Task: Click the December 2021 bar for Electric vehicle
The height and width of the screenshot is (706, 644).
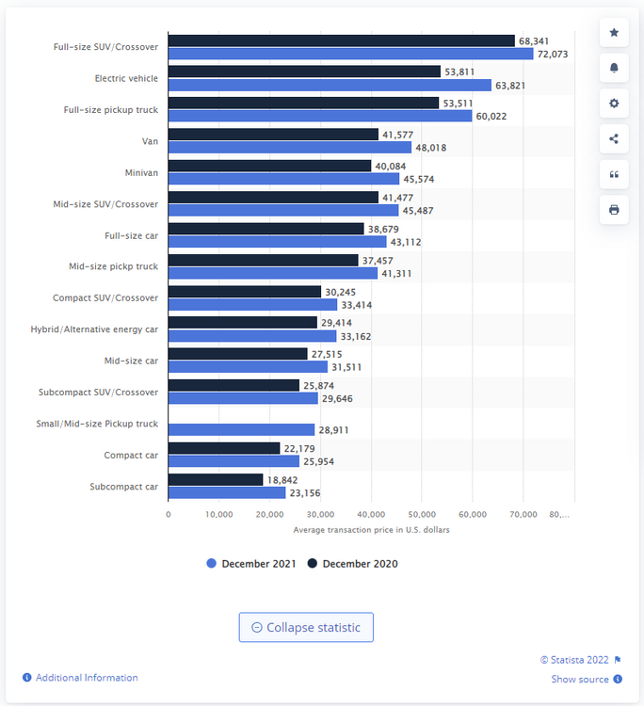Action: [x=330, y=85]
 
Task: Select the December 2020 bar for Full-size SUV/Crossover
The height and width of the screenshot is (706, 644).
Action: [x=341, y=40]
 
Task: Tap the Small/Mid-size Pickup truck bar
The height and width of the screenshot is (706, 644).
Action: [x=241, y=429]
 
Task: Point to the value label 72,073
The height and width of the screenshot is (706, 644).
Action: [x=554, y=54]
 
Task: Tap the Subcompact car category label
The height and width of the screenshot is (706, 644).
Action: [x=124, y=486]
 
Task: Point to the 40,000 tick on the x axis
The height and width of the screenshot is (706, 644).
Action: [x=371, y=514]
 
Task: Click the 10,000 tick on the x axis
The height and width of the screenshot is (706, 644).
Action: [x=218, y=514]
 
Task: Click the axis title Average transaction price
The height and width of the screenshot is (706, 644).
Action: [x=371, y=530]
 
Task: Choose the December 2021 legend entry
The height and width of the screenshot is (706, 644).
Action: [x=250, y=564]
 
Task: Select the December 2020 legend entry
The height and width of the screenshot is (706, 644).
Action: [x=353, y=564]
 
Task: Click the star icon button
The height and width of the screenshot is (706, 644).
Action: [x=614, y=33]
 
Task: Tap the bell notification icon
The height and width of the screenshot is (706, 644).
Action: [x=614, y=68]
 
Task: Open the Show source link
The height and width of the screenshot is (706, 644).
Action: [x=580, y=679]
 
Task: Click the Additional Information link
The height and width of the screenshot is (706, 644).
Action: [x=86, y=678]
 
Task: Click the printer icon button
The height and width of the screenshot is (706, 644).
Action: [x=614, y=209]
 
